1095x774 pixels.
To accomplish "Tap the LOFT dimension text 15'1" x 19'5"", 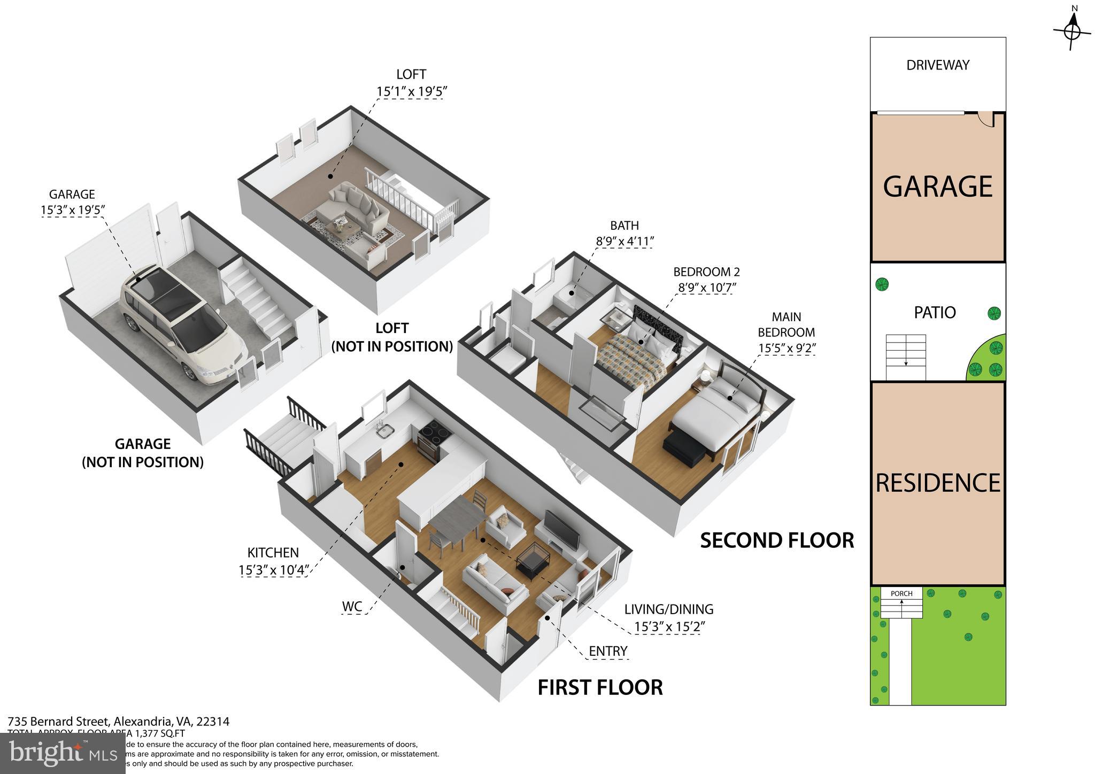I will pos(411,92).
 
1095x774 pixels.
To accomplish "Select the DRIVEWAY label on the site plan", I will pos(938,65).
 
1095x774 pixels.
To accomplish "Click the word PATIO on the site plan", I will pos(935,312).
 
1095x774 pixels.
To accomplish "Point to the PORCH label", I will pos(901,593).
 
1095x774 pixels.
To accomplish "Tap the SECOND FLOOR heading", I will pos(777,540).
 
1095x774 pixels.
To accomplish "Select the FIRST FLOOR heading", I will pos(600,687).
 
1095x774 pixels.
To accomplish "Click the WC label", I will pos(352,607).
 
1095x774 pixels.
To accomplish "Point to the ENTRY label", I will pos(608,651).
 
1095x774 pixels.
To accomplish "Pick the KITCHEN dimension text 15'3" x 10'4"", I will pos(273,570).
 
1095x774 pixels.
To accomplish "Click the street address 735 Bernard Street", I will pos(59,722).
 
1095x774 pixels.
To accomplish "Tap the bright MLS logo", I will pos(63,754).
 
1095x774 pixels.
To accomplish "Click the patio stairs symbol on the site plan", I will pos(905,357).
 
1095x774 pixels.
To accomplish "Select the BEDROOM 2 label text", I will pos(706,272).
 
